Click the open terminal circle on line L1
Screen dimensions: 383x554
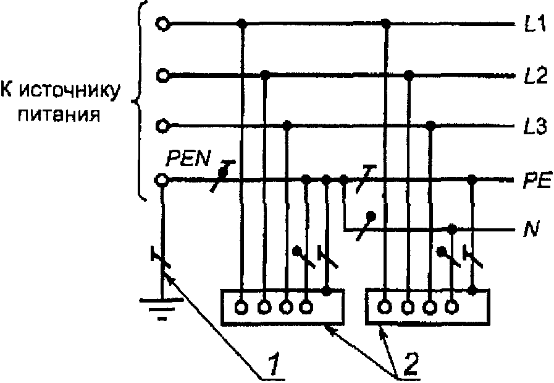pos(162,24)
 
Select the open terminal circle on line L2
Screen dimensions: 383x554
pos(162,75)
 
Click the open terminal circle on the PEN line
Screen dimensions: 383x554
pos(162,180)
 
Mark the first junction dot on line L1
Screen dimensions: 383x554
pos(243,25)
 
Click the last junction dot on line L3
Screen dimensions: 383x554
pos(432,126)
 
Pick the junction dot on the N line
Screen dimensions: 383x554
pos(453,230)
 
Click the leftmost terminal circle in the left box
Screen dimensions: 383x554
pos(242,306)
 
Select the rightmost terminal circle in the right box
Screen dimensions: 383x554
pos(453,306)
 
